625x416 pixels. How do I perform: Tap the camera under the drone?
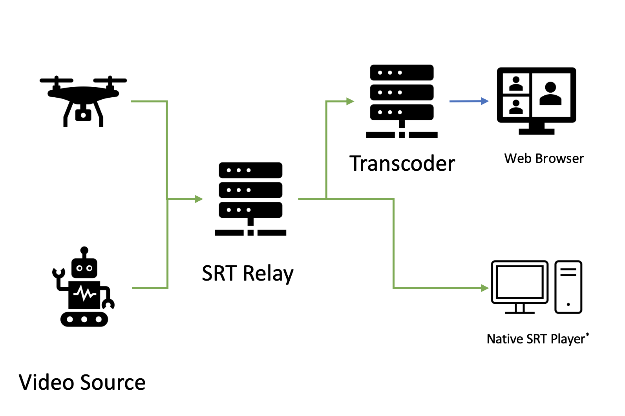[x=83, y=115]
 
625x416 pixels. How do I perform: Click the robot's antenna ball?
[x=84, y=250]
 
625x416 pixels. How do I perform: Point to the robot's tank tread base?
[x=84, y=319]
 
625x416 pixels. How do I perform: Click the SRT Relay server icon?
[x=250, y=198]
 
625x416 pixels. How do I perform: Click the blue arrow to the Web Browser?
[x=469, y=101]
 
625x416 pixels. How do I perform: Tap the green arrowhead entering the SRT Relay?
[x=199, y=199]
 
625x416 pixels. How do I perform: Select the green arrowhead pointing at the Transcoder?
[x=350, y=101]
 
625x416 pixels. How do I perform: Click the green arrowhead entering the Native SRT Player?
[x=485, y=288]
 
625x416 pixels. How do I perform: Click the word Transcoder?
[x=402, y=164]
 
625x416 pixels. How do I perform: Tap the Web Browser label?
[x=544, y=159]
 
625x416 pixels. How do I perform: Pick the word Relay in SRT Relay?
[x=268, y=274]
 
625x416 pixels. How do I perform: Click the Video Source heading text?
[x=82, y=382]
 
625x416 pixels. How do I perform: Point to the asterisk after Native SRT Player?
[x=587, y=334]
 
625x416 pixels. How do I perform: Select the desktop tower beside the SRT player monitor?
[x=568, y=287]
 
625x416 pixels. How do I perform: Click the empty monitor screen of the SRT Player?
[x=519, y=281]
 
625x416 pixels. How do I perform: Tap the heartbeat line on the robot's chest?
[x=84, y=293]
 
